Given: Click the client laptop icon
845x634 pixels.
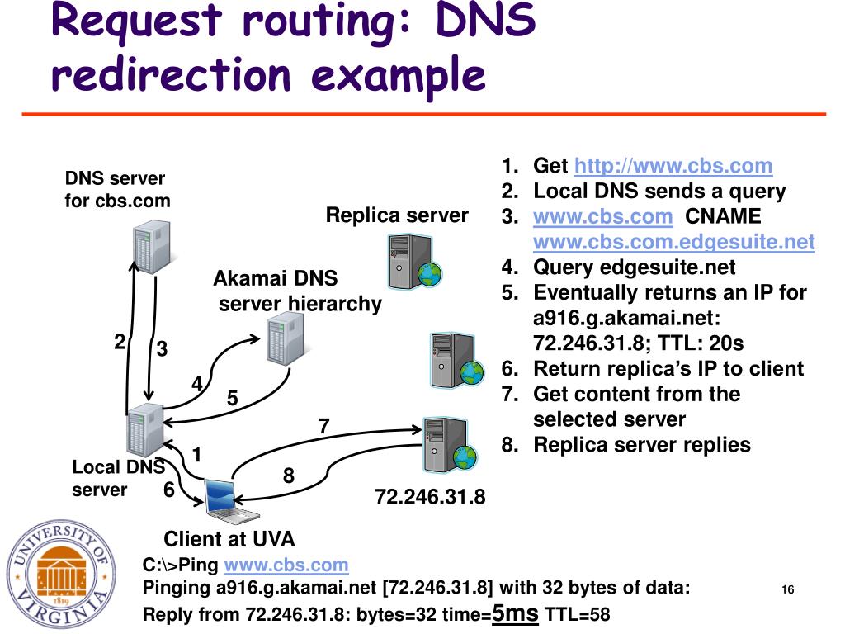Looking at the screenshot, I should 220,498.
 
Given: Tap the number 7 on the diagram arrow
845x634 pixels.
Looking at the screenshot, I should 324,427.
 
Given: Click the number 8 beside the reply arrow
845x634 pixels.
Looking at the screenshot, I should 288,475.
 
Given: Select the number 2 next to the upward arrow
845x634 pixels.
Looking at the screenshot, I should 120,342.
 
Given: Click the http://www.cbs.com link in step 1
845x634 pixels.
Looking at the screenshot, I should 673,166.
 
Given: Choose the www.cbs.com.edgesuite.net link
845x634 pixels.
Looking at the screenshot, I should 673,243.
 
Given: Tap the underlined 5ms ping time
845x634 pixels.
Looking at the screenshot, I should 515,613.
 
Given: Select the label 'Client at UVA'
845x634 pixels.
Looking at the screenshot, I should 229,540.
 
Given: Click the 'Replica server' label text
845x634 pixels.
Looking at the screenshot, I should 397,215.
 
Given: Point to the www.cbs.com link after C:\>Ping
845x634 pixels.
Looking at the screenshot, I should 286,565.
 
